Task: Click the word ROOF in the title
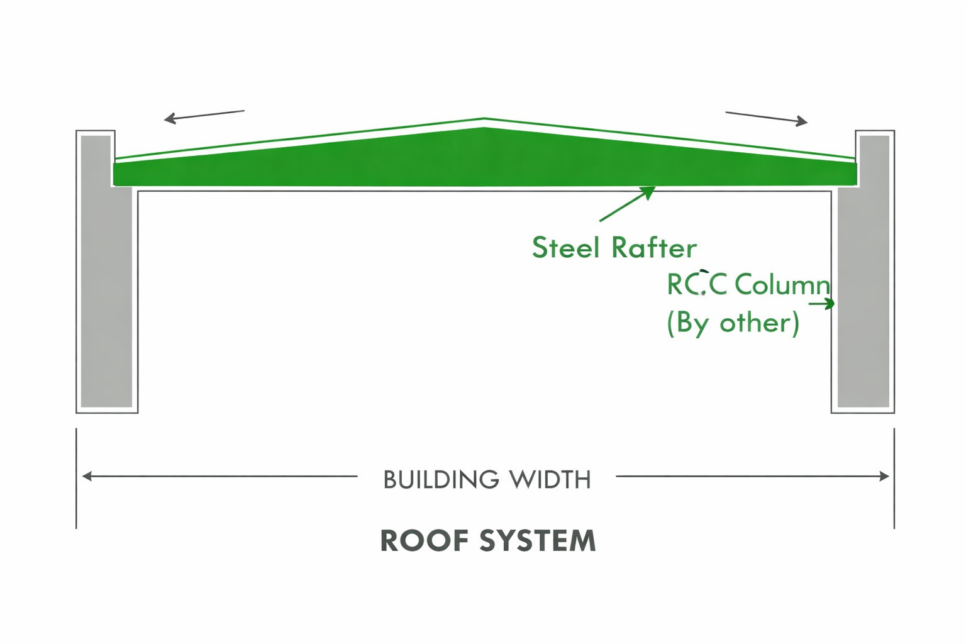(425, 541)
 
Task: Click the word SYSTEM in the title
(538, 541)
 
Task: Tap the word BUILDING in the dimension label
(441, 480)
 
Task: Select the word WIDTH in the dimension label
(550, 480)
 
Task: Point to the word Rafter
(654, 248)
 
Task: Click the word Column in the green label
(782, 285)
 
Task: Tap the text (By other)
(733, 323)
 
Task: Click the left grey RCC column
(106, 271)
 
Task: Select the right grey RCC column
(863, 271)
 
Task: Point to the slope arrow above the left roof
(204, 117)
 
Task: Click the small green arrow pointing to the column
(821, 304)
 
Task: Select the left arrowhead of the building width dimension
(87, 476)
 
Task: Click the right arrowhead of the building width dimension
(884, 476)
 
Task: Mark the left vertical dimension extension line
(76, 479)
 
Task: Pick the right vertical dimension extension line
(894, 479)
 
